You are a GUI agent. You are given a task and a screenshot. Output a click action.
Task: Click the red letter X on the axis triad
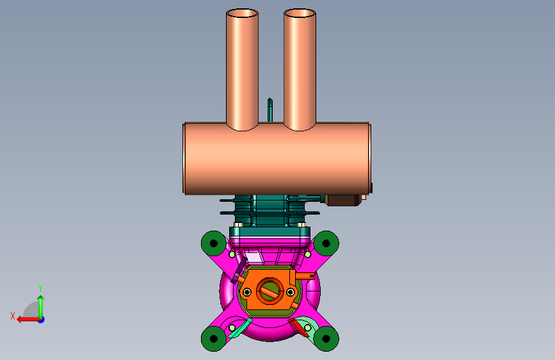click(13, 316)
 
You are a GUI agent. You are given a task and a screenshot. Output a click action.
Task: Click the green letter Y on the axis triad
click(40, 288)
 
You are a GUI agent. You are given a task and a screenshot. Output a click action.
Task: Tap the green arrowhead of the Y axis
click(41, 299)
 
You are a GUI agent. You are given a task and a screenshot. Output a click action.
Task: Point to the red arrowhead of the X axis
click(20, 320)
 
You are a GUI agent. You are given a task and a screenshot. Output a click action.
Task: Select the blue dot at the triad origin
click(42, 320)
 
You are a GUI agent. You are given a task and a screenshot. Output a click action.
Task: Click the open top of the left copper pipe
click(242, 13)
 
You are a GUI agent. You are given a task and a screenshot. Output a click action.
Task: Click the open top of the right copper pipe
click(300, 13)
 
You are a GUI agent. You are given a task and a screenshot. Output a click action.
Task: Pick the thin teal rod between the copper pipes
click(269, 110)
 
